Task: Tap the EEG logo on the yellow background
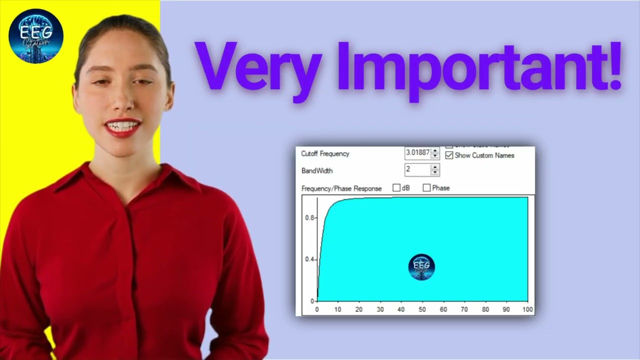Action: pos(36,36)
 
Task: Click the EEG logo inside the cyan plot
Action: pos(421,267)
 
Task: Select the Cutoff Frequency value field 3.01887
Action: pos(417,152)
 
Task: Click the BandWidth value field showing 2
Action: pos(417,170)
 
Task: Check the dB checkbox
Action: pos(396,188)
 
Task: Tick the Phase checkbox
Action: pos(426,188)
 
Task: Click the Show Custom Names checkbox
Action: pos(449,155)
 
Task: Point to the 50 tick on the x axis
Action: pos(422,309)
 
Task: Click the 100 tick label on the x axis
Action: pos(527,309)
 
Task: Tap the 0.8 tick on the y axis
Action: pos(310,218)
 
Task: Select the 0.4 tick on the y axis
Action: pos(310,259)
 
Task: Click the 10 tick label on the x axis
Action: pos(338,309)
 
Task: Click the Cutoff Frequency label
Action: pos(325,153)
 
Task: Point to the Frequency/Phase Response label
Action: pos(341,188)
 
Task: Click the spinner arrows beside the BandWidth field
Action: pos(435,170)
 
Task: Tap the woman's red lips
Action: pos(123,127)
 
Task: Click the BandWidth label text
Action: pos(317,170)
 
